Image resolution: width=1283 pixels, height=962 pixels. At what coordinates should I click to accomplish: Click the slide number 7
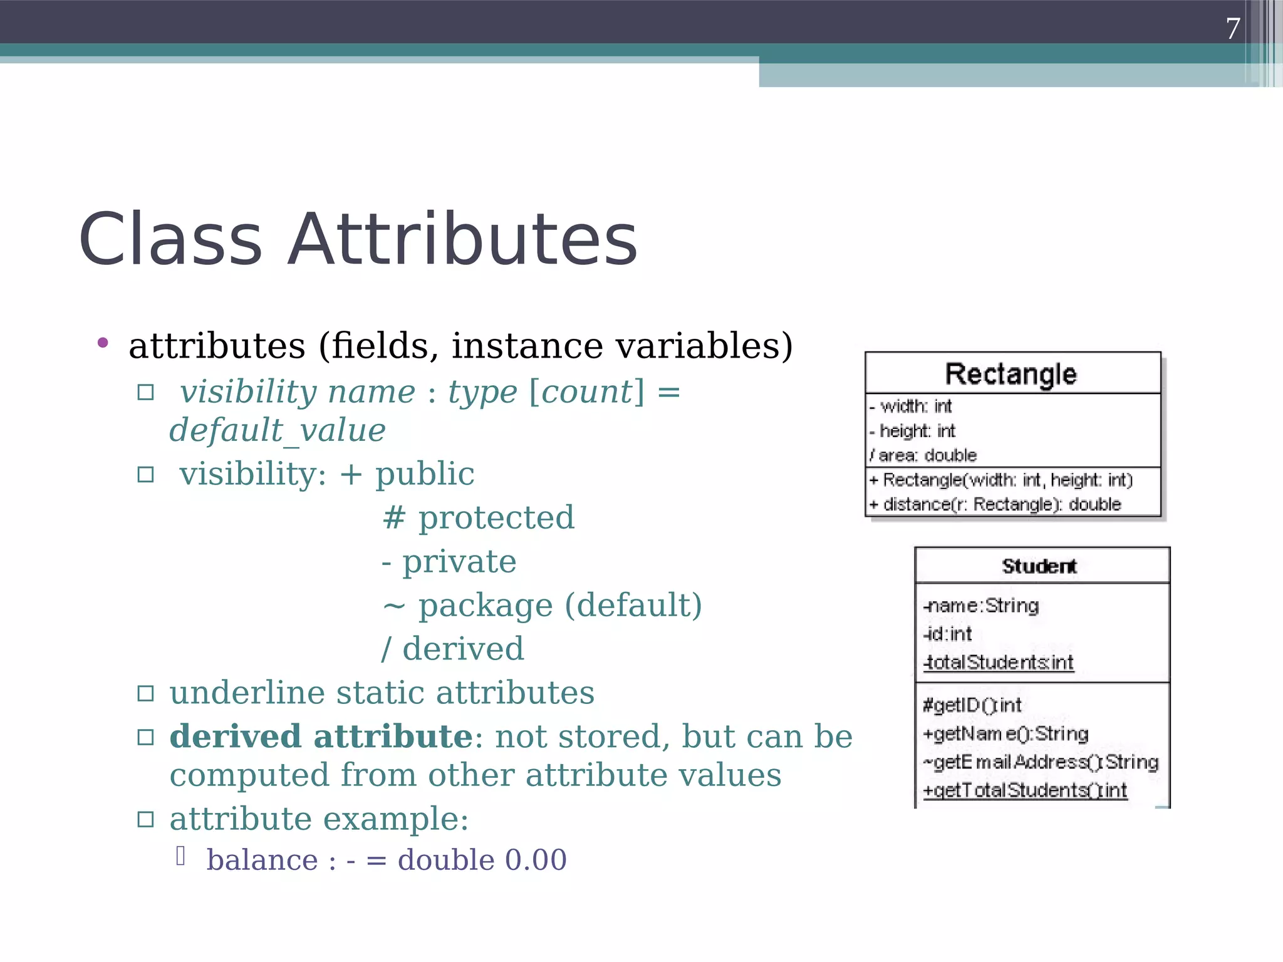coord(1232,29)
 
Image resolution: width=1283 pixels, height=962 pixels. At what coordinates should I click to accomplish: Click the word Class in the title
coord(170,240)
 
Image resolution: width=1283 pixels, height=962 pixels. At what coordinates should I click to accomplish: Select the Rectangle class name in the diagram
coord(1010,374)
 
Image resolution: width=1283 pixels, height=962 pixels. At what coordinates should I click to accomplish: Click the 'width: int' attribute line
coord(915,406)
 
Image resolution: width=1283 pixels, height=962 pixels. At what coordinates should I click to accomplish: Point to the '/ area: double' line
coord(923,455)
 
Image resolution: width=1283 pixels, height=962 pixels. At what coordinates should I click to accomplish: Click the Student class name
coord(1039,566)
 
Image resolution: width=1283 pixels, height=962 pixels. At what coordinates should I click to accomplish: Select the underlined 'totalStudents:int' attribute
coord(999,663)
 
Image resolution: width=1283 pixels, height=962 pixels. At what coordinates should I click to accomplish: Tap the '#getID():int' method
coord(972,705)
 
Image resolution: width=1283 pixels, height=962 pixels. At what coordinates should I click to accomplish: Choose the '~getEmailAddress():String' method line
coord(1041,762)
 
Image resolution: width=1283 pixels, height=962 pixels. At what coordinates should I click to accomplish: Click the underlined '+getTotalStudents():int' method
coord(1025,790)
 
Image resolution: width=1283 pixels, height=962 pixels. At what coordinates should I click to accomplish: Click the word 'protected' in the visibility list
coord(496,518)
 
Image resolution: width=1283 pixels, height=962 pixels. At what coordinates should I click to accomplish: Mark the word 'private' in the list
coord(459,562)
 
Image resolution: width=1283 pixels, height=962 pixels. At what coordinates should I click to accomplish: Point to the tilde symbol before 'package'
coord(393,606)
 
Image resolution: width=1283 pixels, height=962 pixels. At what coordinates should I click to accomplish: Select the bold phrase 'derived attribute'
coord(321,737)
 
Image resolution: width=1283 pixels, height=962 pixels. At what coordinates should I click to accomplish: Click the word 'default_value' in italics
coord(278,430)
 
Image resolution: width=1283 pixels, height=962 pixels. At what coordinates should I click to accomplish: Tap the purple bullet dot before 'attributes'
coord(103,343)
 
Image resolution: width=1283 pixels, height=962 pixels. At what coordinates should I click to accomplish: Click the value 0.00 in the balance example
coord(536,860)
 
